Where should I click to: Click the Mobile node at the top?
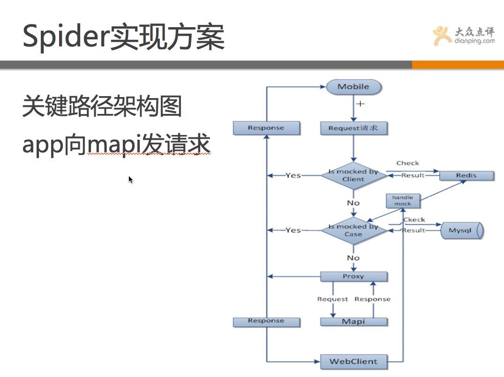pos(354,87)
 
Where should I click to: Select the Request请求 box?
pos(354,128)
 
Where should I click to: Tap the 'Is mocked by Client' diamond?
pos(353,175)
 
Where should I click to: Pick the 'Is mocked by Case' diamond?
pos(353,230)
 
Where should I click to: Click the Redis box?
pos(466,175)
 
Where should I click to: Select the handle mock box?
pos(402,201)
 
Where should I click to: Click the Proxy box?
pos(354,277)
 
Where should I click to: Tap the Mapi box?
pos(354,322)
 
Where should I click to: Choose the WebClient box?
pos(354,362)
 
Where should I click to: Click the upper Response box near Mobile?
pos(266,128)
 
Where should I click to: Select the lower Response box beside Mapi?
pos(266,321)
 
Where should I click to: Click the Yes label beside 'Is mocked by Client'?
pos(293,175)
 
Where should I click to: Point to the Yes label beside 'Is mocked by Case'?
pos(293,230)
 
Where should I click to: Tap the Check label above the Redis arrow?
pos(407,163)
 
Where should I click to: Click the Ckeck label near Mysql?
pos(414,219)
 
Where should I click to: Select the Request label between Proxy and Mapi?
pos(332,299)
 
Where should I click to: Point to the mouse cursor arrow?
pos(131,180)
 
